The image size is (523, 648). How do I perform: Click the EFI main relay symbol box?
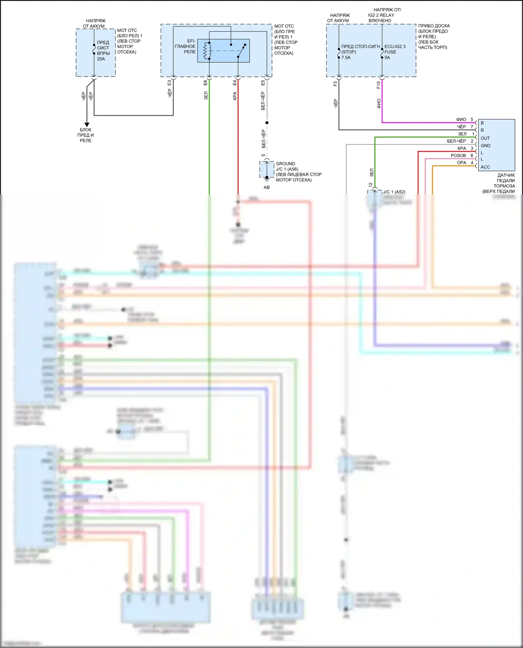pos(223,51)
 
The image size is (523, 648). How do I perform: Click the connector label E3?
pos(169,83)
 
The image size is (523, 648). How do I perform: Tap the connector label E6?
pos(205,83)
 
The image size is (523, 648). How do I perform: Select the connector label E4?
pos(235,83)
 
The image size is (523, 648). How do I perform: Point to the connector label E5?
pos(263,83)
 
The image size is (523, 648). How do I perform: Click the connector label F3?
pos(335,84)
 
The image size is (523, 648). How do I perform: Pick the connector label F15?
pos(378,85)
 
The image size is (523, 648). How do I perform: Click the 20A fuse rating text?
pos(101,59)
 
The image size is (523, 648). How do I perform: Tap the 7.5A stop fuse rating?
pos(346,57)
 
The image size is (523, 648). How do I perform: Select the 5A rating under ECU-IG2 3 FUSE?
pos(387,57)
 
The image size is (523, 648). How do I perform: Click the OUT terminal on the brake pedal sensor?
pos(485,138)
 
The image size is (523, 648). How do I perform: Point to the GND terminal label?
pos(485,146)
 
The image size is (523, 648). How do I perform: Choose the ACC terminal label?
pos(485,167)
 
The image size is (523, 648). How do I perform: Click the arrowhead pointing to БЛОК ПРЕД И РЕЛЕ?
pos(87,124)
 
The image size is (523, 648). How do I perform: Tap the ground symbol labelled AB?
pos(267,180)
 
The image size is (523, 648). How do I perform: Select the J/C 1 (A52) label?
pos(394,192)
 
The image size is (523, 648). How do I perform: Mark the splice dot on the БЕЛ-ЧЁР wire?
pos(267,123)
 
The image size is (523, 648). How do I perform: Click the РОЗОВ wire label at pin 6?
pos(458,156)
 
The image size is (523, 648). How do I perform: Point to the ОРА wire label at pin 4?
pos(461,163)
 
